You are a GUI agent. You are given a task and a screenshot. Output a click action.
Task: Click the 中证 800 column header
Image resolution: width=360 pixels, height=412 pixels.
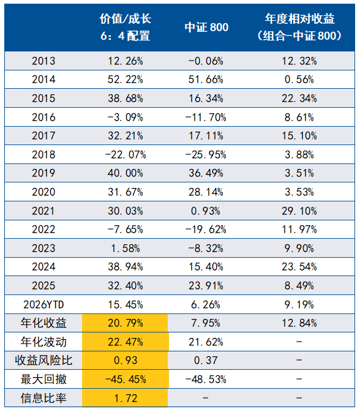[206, 28]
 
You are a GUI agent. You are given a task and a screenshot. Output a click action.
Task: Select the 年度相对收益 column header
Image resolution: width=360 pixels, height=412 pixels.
[299, 27]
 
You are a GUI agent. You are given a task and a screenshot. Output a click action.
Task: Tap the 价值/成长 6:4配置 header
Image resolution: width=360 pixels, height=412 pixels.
[126, 27]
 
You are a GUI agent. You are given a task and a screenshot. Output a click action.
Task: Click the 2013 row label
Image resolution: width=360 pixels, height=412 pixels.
[43, 61]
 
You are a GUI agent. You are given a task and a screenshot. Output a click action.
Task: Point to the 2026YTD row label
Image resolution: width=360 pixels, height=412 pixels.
[43, 304]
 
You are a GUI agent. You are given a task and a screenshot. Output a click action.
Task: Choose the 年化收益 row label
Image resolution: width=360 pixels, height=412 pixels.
[43, 323]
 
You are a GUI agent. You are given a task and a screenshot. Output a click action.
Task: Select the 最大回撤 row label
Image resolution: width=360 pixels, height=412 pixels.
[43, 379]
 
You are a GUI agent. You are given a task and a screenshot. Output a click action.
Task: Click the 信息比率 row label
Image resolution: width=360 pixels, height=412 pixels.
[43, 398]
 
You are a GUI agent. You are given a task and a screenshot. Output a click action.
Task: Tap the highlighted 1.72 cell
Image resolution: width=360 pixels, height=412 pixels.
[126, 399]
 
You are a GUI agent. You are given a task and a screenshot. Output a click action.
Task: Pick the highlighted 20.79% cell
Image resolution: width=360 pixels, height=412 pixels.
[126, 323]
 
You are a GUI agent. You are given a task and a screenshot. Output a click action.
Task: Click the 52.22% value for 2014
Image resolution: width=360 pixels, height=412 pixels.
[126, 80]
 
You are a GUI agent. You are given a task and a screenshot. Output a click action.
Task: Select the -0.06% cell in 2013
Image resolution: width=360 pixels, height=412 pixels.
[206, 61]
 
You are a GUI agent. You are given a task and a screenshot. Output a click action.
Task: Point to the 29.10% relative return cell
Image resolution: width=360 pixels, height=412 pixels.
[299, 211]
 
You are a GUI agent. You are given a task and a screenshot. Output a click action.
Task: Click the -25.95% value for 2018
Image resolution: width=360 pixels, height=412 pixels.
[206, 154]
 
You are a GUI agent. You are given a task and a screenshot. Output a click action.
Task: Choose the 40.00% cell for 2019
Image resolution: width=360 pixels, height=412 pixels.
[126, 173]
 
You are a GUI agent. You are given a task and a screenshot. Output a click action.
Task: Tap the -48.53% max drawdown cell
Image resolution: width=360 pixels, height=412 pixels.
[206, 380]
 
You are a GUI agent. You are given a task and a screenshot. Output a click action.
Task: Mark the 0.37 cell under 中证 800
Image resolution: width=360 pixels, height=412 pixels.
[206, 360]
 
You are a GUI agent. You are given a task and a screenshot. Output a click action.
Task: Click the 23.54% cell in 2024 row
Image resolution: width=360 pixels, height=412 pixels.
[299, 267]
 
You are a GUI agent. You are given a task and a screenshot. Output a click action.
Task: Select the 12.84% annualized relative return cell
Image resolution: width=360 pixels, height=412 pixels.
[299, 323]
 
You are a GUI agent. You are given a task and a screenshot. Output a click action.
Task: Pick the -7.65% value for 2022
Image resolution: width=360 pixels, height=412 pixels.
[126, 230]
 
